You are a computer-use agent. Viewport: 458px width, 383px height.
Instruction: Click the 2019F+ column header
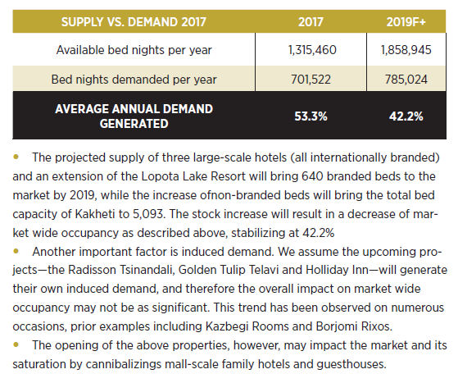click(406, 22)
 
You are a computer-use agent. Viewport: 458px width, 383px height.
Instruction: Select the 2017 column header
click(311, 22)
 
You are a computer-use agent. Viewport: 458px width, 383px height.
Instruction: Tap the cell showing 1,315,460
click(312, 50)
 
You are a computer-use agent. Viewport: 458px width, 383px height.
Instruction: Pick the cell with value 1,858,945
click(406, 50)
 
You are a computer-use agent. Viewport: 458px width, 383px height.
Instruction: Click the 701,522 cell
click(311, 80)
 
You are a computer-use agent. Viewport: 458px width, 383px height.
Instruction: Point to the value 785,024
click(406, 80)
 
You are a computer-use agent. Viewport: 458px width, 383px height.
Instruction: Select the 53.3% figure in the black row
click(311, 116)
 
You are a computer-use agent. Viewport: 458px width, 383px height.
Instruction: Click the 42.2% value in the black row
click(406, 116)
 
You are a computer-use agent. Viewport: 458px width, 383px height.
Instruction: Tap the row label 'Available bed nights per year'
click(134, 50)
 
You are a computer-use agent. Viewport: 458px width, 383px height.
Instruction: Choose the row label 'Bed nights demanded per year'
click(134, 80)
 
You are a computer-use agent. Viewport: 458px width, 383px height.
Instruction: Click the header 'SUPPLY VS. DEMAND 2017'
click(134, 22)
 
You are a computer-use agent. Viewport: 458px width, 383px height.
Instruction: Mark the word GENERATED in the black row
click(134, 124)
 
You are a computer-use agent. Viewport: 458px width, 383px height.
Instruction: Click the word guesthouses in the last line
click(351, 364)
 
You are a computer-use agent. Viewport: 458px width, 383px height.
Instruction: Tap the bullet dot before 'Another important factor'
click(16, 251)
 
